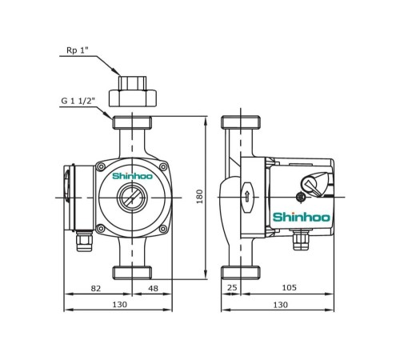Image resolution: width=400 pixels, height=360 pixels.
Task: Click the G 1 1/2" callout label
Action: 78,102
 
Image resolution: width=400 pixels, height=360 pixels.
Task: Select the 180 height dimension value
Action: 200,196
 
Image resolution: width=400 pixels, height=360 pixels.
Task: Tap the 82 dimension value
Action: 97,287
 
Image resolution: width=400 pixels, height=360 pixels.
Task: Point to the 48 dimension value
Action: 152,287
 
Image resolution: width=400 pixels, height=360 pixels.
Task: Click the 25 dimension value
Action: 232,287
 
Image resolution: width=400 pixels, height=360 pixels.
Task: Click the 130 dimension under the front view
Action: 118,305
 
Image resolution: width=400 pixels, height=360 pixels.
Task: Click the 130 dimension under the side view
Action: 280,305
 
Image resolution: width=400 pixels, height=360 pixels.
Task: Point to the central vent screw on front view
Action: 132,196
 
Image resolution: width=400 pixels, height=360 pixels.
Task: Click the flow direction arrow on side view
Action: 247,196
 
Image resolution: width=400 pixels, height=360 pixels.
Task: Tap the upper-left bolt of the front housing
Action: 101,166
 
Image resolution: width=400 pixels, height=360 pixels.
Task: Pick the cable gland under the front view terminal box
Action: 82,239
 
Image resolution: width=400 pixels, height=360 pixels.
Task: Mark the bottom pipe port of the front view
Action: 132,272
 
